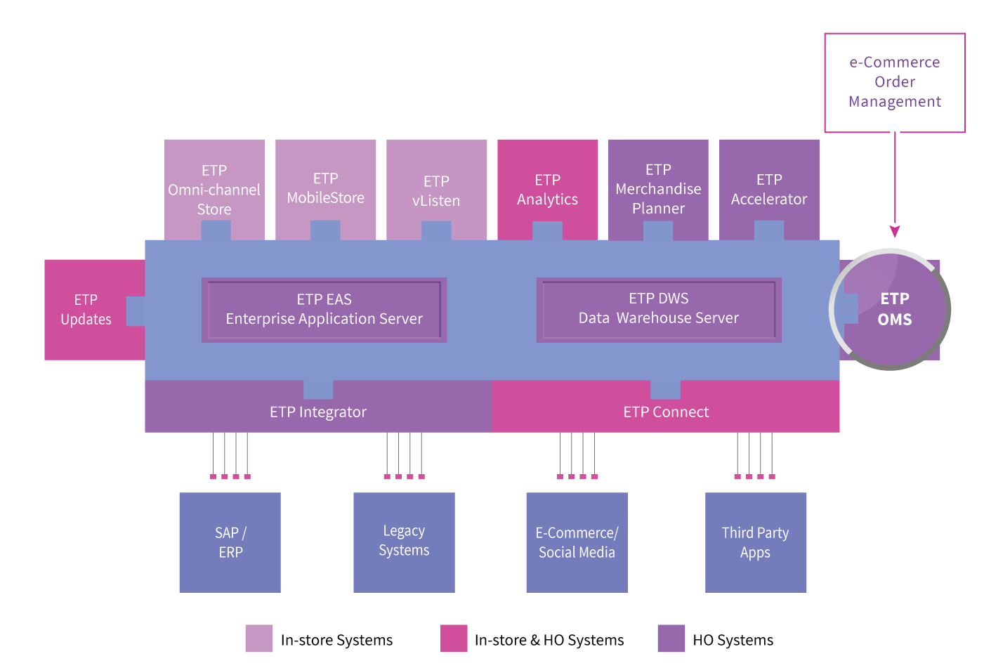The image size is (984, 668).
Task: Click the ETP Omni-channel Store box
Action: [214, 189]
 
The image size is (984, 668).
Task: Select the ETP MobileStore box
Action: [325, 188]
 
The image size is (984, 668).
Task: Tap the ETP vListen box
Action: [436, 190]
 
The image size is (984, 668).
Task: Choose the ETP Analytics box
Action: [547, 189]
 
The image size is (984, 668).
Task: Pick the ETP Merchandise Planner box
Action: [658, 188]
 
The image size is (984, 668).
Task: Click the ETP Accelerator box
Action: [769, 189]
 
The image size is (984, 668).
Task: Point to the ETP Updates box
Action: [86, 309]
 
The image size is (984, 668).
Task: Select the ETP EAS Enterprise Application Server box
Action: [324, 310]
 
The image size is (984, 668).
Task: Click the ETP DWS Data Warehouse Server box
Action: [659, 309]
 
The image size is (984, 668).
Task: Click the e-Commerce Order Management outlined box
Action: [895, 82]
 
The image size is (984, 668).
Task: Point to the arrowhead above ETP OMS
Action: [895, 232]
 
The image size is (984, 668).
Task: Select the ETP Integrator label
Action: [318, 412]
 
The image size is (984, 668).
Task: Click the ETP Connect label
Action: [666, 412]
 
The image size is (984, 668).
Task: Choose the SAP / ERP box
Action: [230, 542]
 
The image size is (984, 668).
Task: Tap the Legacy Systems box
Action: [404, 542]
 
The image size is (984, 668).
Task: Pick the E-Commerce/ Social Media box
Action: [577, 542]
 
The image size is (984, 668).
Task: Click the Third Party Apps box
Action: [756, 542]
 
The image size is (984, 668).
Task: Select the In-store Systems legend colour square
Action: [258, 638]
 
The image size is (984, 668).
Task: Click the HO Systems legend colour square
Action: [671, 638]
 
